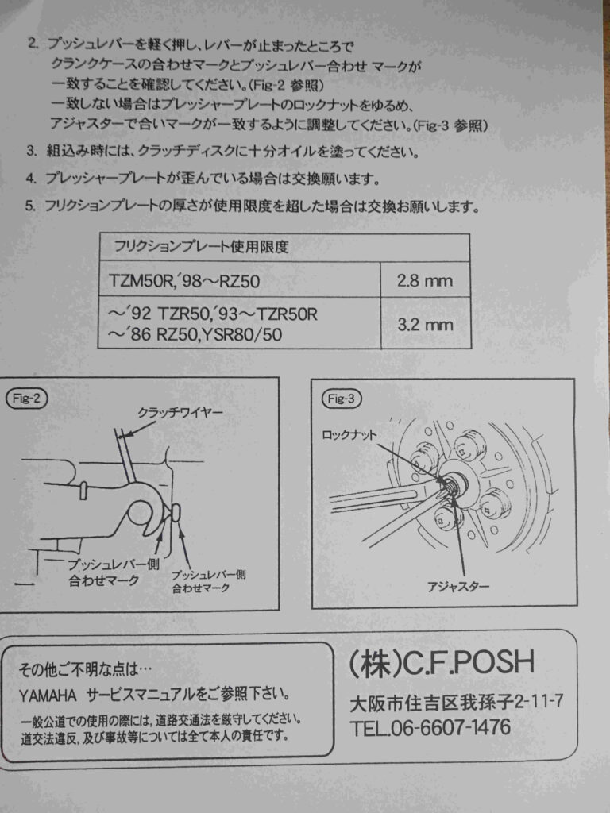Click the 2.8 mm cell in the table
[426, 280]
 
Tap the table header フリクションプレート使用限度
[201, 246]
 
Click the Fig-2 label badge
[26, 399]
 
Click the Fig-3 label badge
[342, 399]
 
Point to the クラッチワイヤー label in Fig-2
[180, 413]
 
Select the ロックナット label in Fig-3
[349, 434]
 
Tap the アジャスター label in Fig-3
[458, 587]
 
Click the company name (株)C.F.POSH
[442, 661]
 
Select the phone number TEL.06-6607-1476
[430, 727]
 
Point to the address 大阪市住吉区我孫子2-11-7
[457, 703]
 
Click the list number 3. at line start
[32, 152]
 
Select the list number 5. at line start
[30, 206]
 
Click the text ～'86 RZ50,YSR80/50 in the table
[195, 334]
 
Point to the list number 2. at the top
[33, 44]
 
